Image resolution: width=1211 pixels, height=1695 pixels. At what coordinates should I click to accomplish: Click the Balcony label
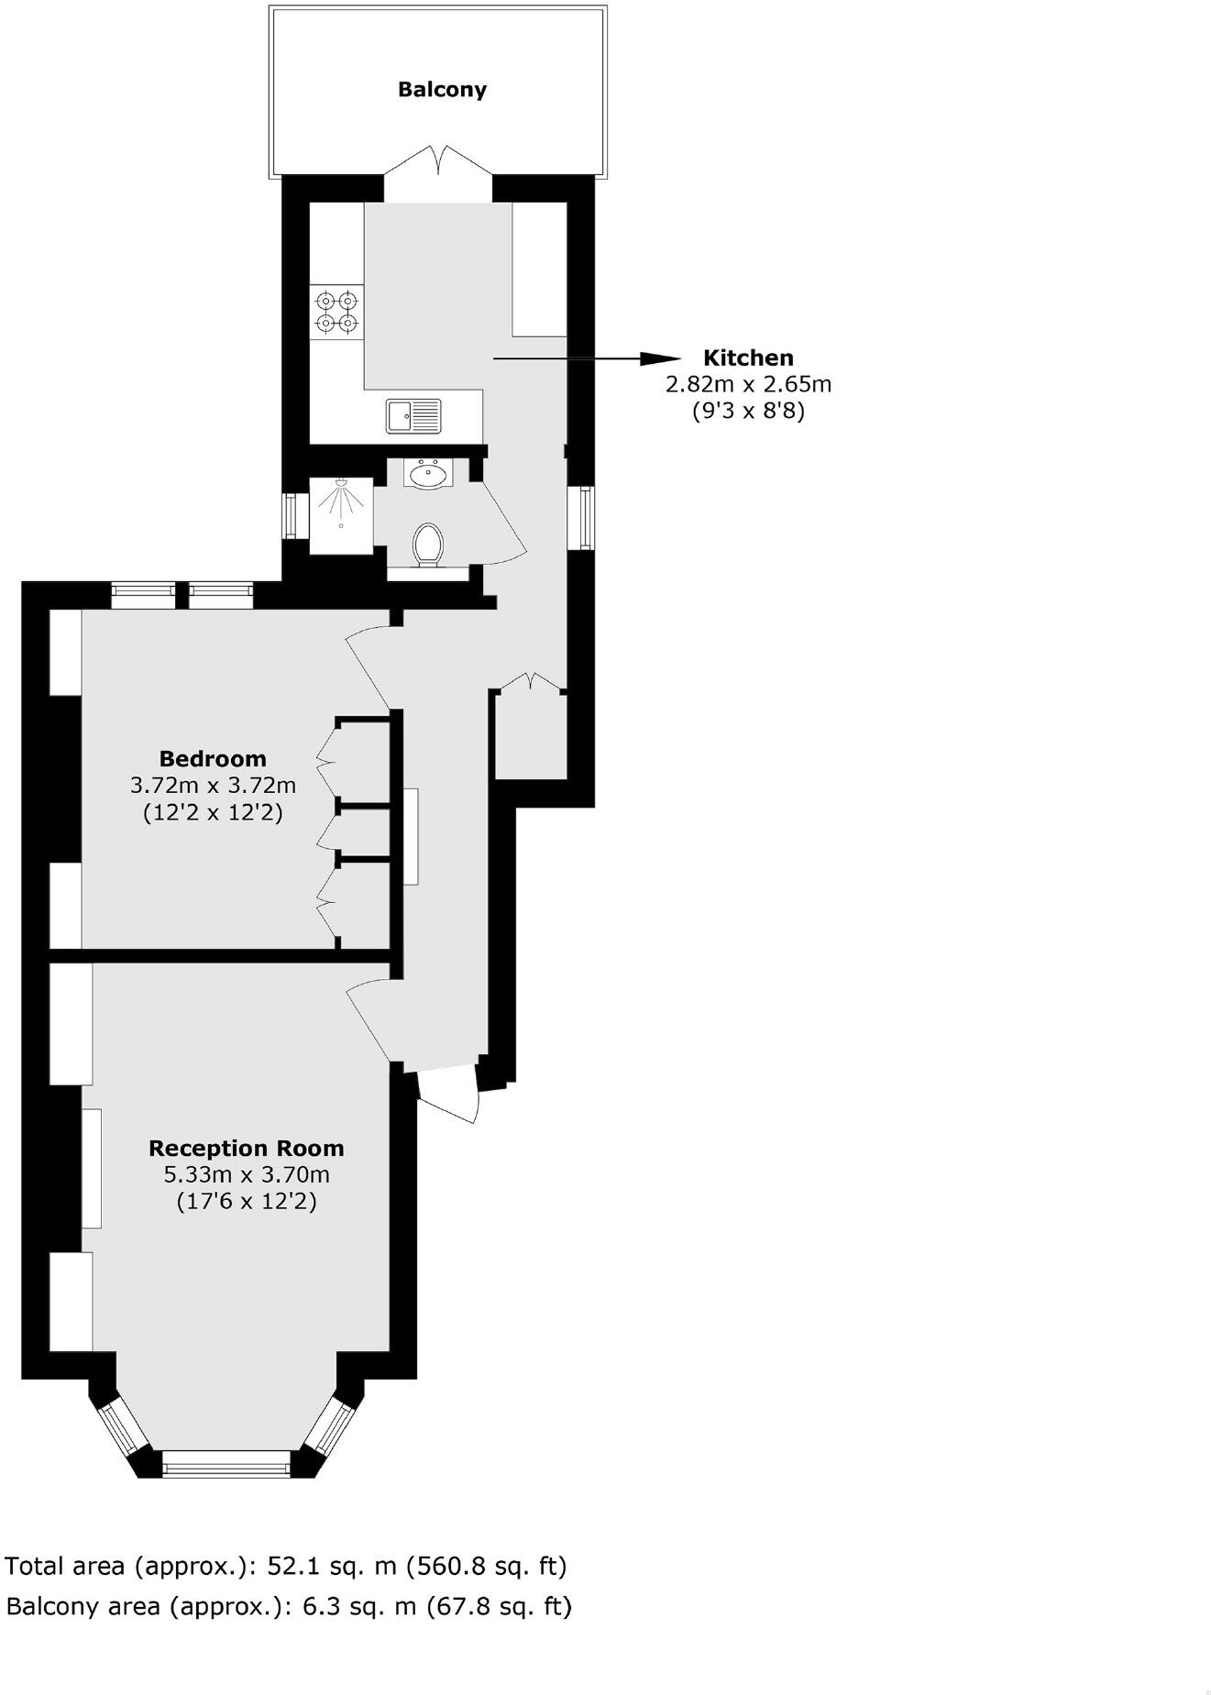point(442,89)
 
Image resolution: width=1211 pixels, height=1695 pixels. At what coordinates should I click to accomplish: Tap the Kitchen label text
point(748,358)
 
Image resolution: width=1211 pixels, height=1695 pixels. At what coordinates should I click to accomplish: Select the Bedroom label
point(213,758)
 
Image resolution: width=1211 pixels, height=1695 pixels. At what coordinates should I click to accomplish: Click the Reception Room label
point(247,1148)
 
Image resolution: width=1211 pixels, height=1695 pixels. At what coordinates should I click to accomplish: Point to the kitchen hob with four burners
point(336,312)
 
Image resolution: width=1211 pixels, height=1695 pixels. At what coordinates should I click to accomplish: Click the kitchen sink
point(414,415)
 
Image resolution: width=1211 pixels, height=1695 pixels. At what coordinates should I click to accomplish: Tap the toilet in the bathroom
point(428,545)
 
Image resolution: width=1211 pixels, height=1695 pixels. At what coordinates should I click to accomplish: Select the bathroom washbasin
point(427,475)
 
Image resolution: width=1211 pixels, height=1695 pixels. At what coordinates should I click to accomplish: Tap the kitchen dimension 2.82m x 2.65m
point(748,384)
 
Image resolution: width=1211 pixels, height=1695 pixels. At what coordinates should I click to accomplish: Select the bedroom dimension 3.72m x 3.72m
point(213,785)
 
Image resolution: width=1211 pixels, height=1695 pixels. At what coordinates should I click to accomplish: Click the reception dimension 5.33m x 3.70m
point(247,1174)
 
